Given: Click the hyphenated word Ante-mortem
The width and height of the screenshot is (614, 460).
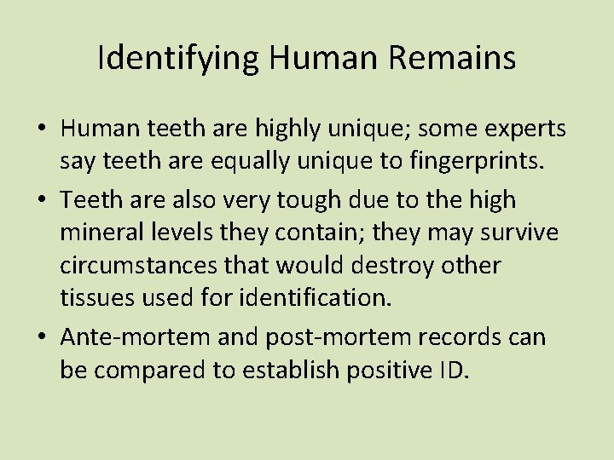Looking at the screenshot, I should click(x=134, y=338).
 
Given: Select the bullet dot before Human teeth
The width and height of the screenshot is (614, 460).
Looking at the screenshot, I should click(x=42, y=129).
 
